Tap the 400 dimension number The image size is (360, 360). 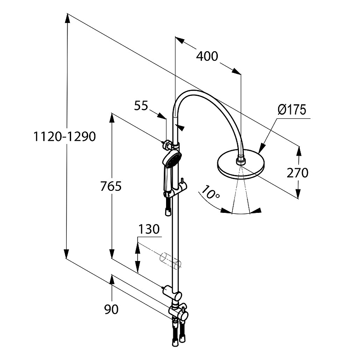tap(207, 56)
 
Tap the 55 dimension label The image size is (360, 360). tap(141, 106)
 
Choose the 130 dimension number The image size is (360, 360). tap(148, 229)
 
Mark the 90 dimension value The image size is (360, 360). tap(111, 310)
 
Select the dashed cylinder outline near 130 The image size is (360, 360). tap(170, 260)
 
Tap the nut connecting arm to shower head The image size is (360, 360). tap(241, 158)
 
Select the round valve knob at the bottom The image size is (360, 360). tap(183, 316)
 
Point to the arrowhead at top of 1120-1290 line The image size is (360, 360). tap(67, 18)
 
